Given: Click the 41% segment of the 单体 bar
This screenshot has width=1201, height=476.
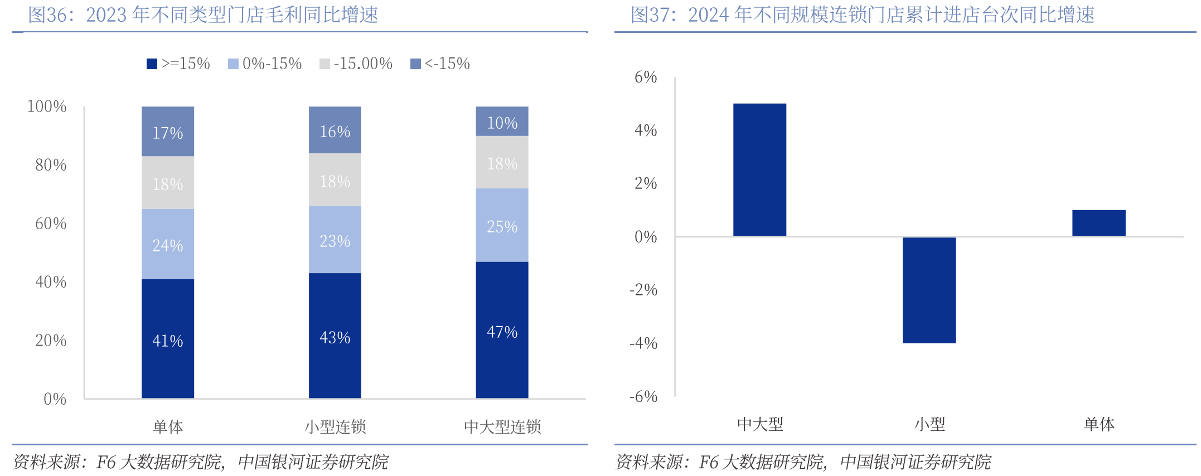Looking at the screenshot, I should pos(168,338).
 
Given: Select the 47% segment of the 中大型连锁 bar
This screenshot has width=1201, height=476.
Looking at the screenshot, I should pos(502,329).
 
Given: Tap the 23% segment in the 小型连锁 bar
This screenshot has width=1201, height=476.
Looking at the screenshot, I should pos(335,240).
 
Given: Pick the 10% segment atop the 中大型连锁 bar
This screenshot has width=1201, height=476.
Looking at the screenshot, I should pos(502,122).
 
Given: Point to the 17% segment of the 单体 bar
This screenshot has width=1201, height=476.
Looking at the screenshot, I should pos(168,132).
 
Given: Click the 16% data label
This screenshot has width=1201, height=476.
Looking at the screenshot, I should pos(335,132).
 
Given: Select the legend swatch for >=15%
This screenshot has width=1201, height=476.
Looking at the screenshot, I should pos(152,64).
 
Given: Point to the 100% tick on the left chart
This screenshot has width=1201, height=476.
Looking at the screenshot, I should pos(47,106).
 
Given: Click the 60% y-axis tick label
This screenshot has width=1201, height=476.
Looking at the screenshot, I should pos(51,224).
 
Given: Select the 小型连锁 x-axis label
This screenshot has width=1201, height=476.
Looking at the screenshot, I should pos(335,427).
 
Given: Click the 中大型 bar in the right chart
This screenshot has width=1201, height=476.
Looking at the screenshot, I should pos(759,170).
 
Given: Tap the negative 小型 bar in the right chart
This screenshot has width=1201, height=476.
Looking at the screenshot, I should pos(929,290).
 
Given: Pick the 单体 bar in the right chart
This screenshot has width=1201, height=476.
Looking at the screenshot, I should pos(1098,223).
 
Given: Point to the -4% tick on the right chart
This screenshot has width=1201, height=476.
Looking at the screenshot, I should pos(643,343).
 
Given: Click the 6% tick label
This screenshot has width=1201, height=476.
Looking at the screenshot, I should pos(646,77).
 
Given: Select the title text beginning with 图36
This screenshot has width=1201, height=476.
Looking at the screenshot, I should pos(203,15).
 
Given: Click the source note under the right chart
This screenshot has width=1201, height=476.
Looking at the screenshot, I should pos(803,462).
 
